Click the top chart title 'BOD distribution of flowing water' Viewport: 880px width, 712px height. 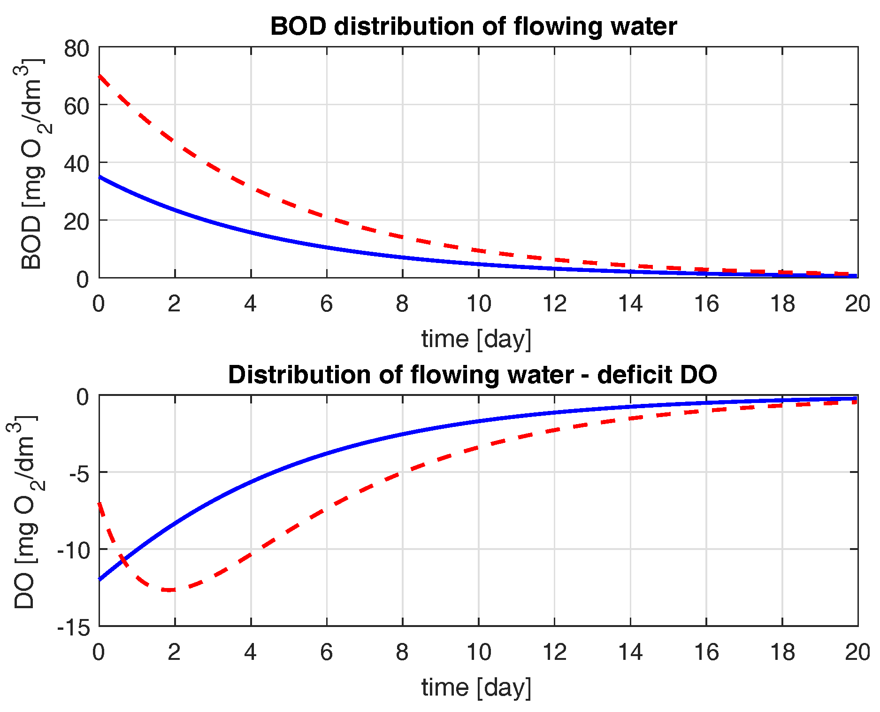473,26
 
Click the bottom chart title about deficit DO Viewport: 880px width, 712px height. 472,375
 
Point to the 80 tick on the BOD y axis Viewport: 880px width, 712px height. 77,48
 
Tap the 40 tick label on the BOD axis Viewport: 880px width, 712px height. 77,164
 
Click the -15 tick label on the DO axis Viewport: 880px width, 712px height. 74,627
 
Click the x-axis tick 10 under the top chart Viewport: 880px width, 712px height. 478,304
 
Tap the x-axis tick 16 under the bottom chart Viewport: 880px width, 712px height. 706,652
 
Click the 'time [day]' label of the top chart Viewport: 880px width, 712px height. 476,339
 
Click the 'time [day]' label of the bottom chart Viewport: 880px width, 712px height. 476,688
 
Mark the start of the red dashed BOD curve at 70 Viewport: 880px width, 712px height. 100,76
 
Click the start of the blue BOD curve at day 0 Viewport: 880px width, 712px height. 100,177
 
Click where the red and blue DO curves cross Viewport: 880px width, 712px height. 123,558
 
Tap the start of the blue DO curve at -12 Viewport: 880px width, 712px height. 100,580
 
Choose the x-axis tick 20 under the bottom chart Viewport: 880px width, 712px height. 857,652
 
